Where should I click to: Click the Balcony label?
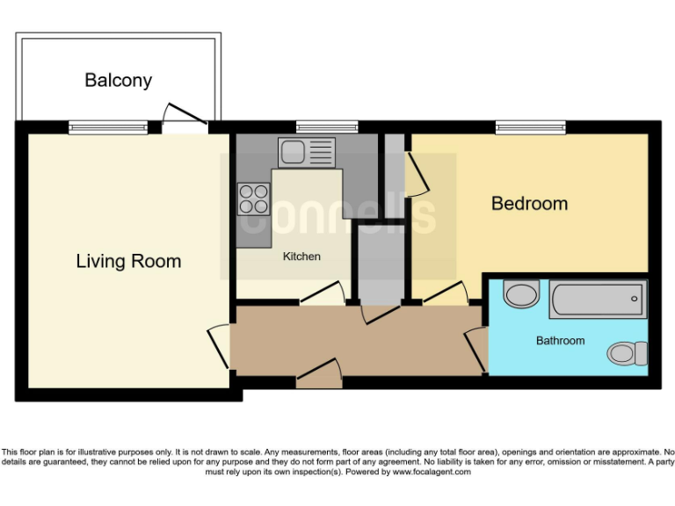(118, 80)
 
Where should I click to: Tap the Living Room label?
(128, 261)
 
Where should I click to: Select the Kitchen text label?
(301, 257)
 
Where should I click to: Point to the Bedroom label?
(529, 204)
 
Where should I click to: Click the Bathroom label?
(560, 340)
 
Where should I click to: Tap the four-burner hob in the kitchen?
(253, 199)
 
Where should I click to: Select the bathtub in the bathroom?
(598, 299)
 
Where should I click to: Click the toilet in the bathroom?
(628, 353)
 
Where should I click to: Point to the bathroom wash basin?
(522, 294)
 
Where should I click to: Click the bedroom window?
(530, 127)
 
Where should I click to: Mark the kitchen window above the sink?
(326, 127)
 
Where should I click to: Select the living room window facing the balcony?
(109, 127)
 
